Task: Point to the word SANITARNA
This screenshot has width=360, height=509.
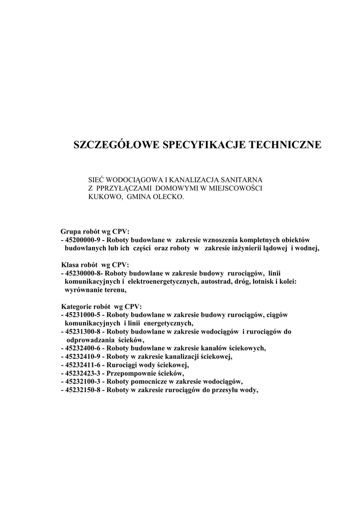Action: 244,178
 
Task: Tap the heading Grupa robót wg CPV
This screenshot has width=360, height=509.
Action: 95,232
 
